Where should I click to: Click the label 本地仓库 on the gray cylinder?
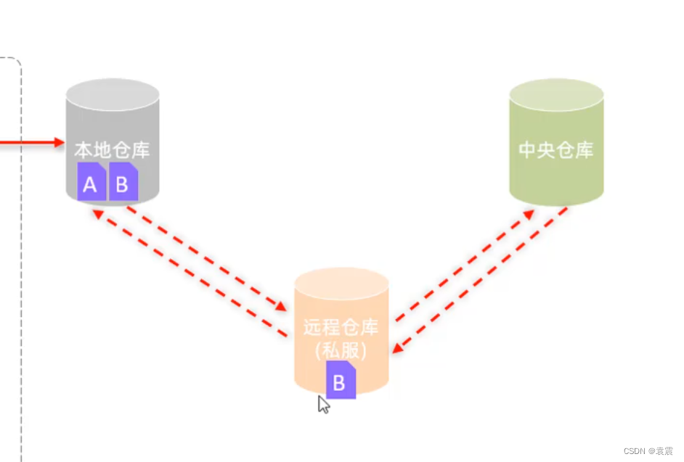coord(112,151)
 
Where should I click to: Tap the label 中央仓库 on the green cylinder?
coord(556,150)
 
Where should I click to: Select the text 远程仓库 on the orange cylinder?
coord(341,327)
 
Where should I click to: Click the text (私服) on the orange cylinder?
coord(341,350)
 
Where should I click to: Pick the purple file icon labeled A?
coord(91,183)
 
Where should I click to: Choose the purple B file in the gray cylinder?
coord(123,183)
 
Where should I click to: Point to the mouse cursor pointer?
coord(322,404)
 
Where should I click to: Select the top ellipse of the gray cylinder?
coord(113,95)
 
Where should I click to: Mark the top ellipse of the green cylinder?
coord(556,95)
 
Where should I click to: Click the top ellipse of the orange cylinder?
coord(341,284)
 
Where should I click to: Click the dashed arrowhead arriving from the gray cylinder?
coord(282,307)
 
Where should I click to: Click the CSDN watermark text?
coord(648,451)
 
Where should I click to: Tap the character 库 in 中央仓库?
coord(585,150)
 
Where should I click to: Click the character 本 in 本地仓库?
coord(84,151)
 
